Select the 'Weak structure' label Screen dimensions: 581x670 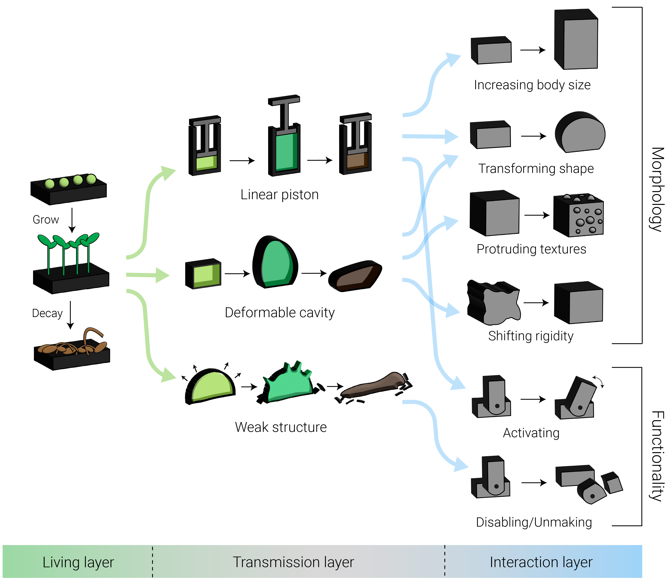click(x=281, y=427)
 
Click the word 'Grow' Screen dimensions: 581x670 click(x=46, y=220)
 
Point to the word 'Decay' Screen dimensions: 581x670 click(x=47, y=314)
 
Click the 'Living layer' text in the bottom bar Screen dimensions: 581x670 click(x=78, y=563)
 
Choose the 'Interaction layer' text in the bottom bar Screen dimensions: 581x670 click(x=541, y=563)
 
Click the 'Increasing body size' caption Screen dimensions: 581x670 click(x=532, y=85)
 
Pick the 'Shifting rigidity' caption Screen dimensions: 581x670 click(x=531, y=336)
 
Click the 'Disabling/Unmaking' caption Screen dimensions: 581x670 click(x=534, y=522)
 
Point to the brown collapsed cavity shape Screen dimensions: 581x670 click(x=355, y=276)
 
